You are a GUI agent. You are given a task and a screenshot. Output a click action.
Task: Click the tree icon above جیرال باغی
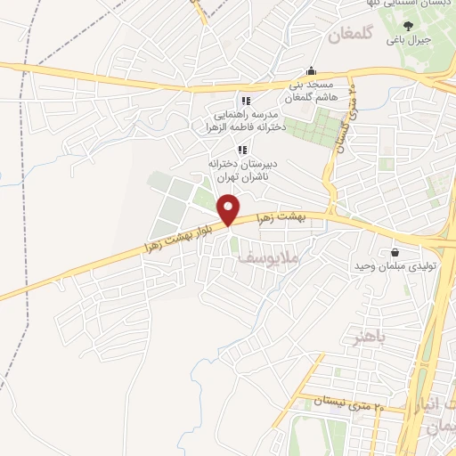[408, 26]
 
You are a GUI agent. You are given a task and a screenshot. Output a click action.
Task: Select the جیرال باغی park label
[409, 40]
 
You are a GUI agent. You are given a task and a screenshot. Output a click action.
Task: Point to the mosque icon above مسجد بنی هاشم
[311, 70]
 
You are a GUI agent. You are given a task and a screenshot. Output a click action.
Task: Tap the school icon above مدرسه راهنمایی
[246, 102]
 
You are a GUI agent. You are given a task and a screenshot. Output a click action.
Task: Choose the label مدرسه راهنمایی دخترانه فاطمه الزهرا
[245, 122]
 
